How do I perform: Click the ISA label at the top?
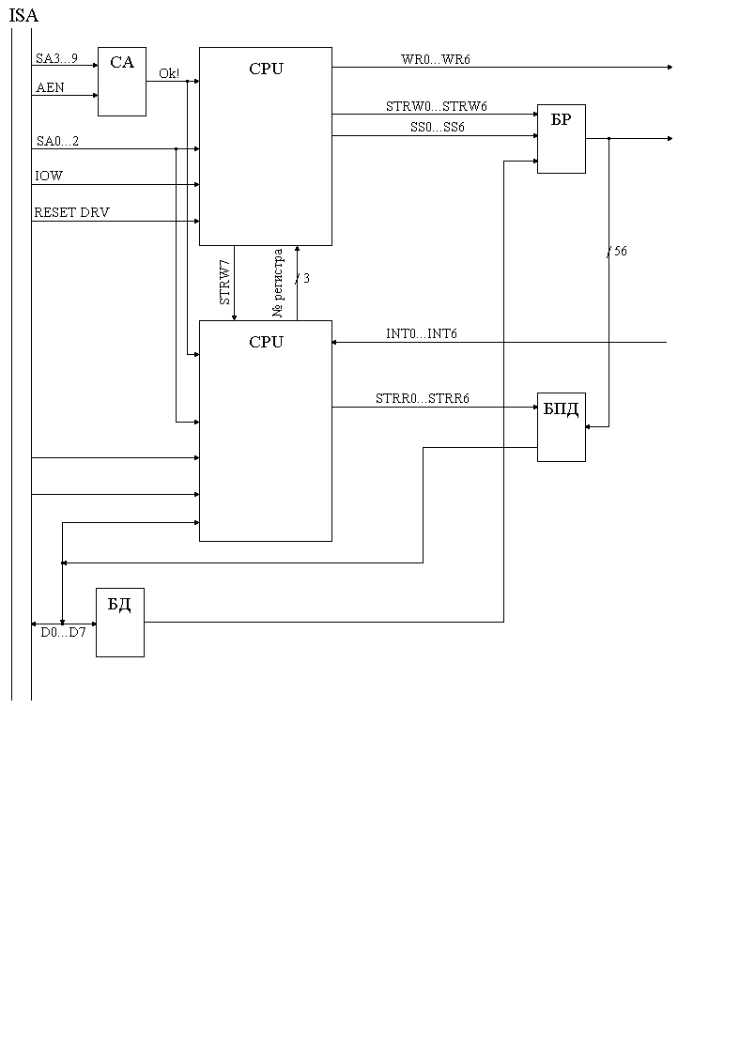click(x=23, y=16)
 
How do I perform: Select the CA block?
click(x=122, y=81)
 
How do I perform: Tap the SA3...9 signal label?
click(x=56, y=58)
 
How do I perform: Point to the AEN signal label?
click(x=49, y=87)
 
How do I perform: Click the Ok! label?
click(x=169, y=73)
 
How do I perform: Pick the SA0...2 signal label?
click(x=57, y=141)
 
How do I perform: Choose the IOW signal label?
click(x=49, y=177)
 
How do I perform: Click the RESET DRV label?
click(x=71, y=213)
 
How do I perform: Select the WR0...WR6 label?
click(x=436, y=59)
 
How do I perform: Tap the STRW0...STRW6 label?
click(x=437, y=106)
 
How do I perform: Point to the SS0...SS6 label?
click(x=438, y=127)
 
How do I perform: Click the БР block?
click(x=561, y=138)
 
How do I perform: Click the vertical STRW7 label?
click(x=225, y=283)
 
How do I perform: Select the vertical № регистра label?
click(x=278, y=284)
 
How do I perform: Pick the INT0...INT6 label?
click(x=422, y=334)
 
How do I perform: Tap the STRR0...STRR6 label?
click(x=423, y=399)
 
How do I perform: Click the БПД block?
click(x=561, y=426)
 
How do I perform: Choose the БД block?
click(x=120, y=622)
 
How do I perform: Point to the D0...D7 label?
click(x=63, y=633)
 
